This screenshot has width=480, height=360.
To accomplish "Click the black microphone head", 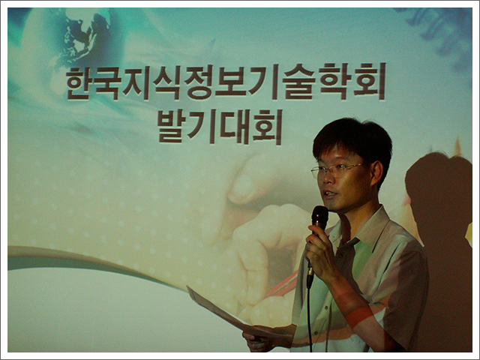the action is pos(319,216).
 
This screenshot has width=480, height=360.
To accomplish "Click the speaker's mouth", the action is pos(330,194).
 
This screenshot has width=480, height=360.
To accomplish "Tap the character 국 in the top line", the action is pos(106,83).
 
